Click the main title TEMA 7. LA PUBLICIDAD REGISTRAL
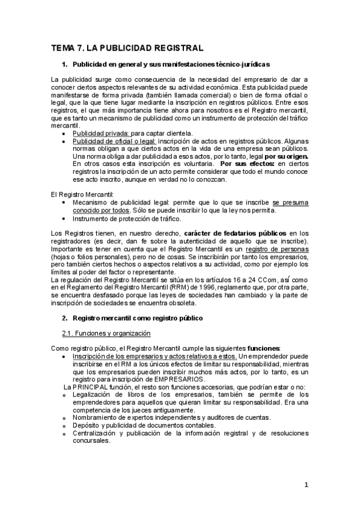coord(127,48)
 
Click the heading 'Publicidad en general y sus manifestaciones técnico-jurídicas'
coord(171,64)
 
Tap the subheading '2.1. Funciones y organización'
coord(106,333)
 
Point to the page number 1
coord(306,485)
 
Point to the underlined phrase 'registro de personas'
coord(279,248)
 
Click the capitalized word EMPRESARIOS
coord(177,379)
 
